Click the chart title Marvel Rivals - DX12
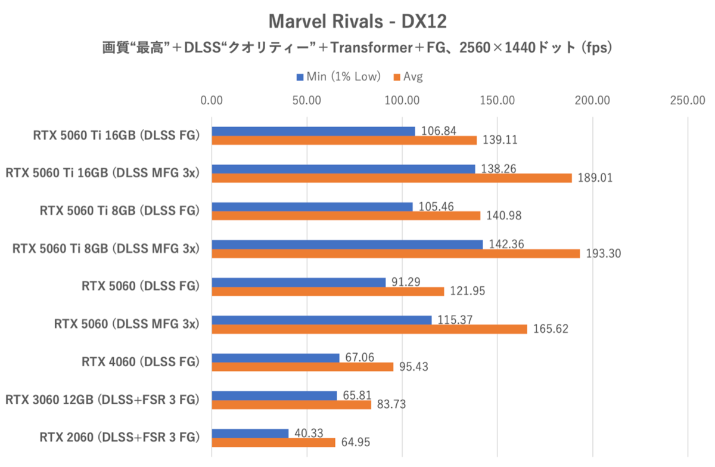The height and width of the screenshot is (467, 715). (357, 21)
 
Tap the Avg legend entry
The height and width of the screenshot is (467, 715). (408, 76)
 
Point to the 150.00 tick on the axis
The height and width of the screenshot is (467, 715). (498, 100)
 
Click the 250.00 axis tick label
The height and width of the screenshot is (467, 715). (688, 100)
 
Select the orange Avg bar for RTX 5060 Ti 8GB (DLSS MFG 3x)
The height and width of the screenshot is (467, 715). (396, 253)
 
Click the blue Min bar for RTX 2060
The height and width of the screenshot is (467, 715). (250, 433)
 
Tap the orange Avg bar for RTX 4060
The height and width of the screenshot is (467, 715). (302, 367)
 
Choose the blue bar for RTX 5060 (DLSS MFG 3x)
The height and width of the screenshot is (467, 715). (321, 320)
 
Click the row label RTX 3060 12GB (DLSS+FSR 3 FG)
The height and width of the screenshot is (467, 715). (101, 400)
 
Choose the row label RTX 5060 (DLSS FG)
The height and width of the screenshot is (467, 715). (140, 286)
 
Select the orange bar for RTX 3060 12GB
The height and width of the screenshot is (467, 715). (291, 405)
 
